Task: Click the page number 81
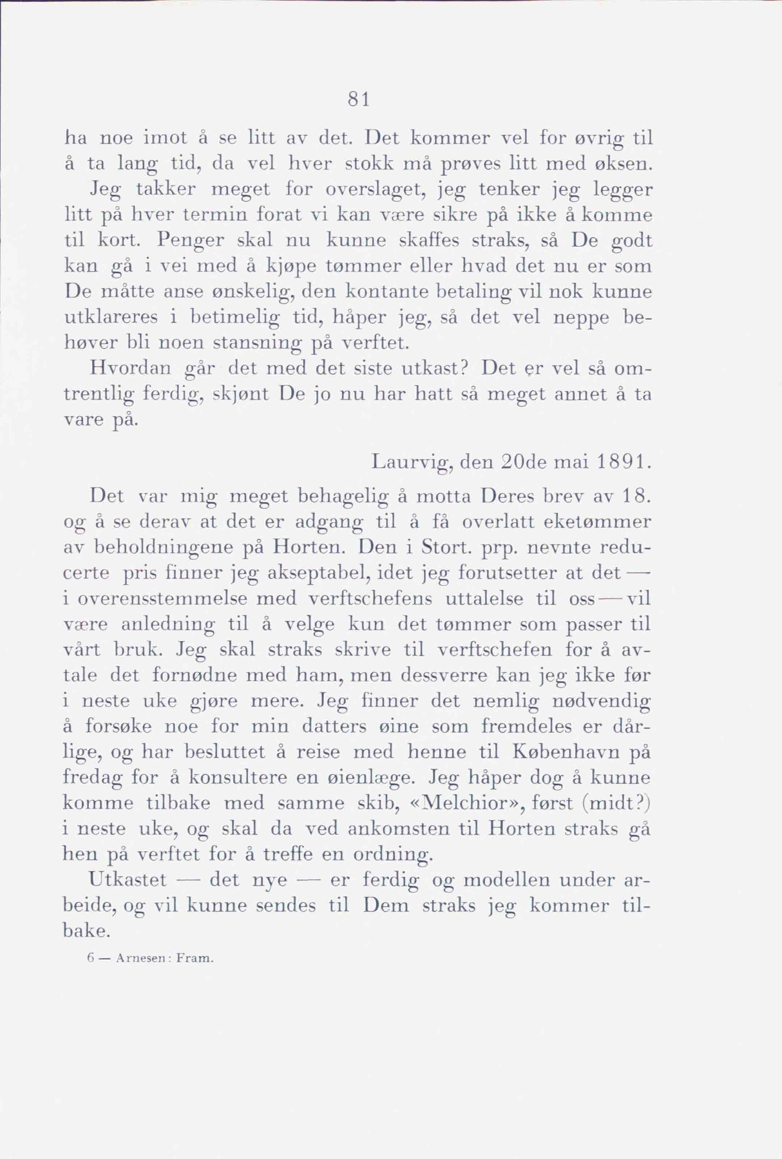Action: coord(358,100)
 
